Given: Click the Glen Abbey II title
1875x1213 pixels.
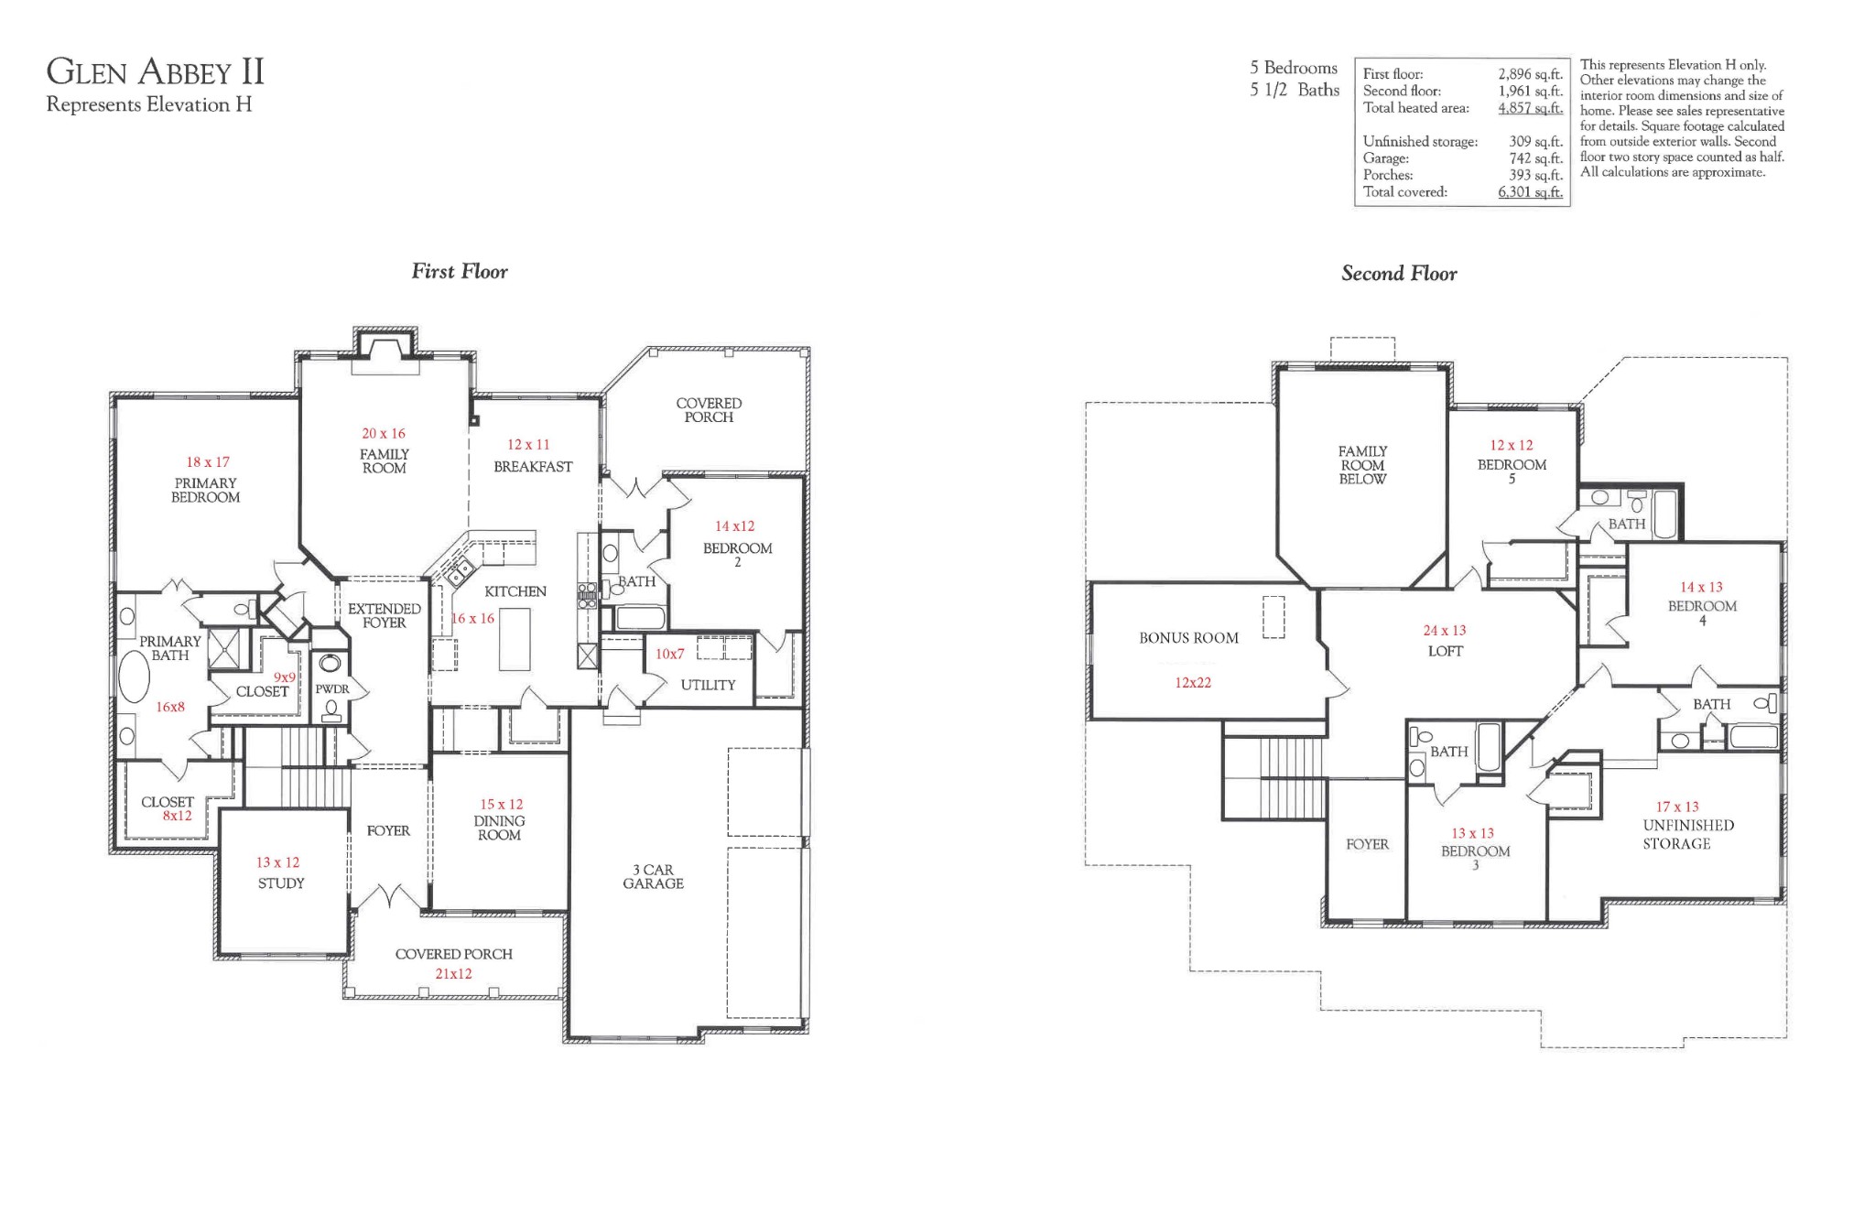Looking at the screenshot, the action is (x=156, y=71).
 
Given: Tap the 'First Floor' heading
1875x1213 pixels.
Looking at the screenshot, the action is (x=460, y=271).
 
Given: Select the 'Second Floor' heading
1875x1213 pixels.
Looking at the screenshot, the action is (x=1399, y=273).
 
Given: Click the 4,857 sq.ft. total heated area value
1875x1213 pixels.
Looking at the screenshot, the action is (x=1530, y=108).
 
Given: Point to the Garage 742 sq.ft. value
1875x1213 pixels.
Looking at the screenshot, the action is (x=1535, y=158).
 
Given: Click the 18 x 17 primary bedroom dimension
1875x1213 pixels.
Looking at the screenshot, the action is (x=208, y=462).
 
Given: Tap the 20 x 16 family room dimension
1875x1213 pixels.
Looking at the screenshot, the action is (x=384, y=433).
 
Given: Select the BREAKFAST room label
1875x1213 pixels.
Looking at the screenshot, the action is (x=533, y=467).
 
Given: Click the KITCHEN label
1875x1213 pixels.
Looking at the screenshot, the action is (x=515, y=591).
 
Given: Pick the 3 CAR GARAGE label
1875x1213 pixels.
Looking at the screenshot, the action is (x=654, y=877).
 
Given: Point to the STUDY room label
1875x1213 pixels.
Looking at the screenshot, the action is (x=281, y=883).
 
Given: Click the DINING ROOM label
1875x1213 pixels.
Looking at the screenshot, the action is (x=499, y=829).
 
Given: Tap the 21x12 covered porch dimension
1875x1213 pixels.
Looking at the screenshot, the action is (x=453, y=974).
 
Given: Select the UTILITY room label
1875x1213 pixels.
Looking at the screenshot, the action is (x=708, y=685).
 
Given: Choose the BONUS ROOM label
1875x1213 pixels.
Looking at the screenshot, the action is (x=1188, y=638).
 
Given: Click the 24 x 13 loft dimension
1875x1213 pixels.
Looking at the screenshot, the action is (x=1445, y=631).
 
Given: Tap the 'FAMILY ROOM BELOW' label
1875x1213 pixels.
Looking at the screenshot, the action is (x=1362, y=465).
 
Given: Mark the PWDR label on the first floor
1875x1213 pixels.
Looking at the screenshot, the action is (x=332, y=689).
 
